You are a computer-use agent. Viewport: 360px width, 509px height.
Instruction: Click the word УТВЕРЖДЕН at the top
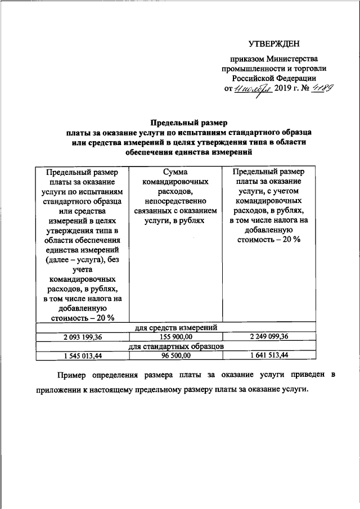point(274,44)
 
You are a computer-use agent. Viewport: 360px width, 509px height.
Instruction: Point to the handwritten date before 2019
point(253,89)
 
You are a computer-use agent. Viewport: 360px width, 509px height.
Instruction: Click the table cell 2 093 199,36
point(83,337)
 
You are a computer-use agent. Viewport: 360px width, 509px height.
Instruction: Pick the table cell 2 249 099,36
point(269,337)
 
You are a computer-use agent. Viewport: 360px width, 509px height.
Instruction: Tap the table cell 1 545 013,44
point(83,355)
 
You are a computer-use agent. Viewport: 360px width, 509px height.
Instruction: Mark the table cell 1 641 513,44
point(269,355)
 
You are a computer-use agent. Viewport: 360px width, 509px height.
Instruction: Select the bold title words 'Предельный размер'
point(188,122)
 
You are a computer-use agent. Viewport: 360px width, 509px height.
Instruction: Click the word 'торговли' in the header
point(311,69)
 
